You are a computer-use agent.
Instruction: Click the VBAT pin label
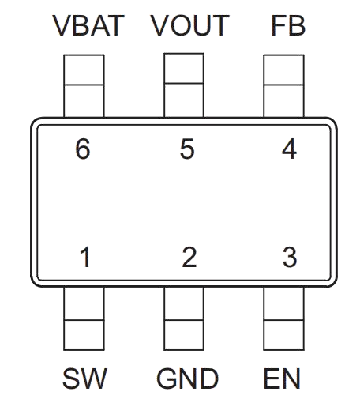point(88,25)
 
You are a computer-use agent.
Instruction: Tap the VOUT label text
point(189,25)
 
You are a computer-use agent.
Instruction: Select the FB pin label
point(288,25)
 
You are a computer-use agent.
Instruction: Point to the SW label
point(84,379)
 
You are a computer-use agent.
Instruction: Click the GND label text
point(188,379)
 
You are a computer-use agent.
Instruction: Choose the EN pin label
point(282,379)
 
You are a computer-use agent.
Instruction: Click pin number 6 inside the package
point(83,149)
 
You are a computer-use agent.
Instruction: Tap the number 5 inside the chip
point(187,149)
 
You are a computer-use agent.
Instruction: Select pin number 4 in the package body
point(289,149)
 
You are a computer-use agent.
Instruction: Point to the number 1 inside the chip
point(85,257)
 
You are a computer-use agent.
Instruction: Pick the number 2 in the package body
point(189,257)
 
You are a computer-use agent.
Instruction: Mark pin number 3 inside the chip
point(290,257)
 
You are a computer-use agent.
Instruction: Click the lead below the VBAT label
point(84,86)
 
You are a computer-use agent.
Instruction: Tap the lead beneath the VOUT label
point(184,85)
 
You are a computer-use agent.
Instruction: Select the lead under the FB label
point(284,86)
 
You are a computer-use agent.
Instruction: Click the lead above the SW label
point(84,318)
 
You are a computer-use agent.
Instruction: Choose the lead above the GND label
point(184,318)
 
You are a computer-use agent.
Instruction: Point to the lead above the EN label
point(284,318)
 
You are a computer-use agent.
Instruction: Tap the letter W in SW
point(94,379)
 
